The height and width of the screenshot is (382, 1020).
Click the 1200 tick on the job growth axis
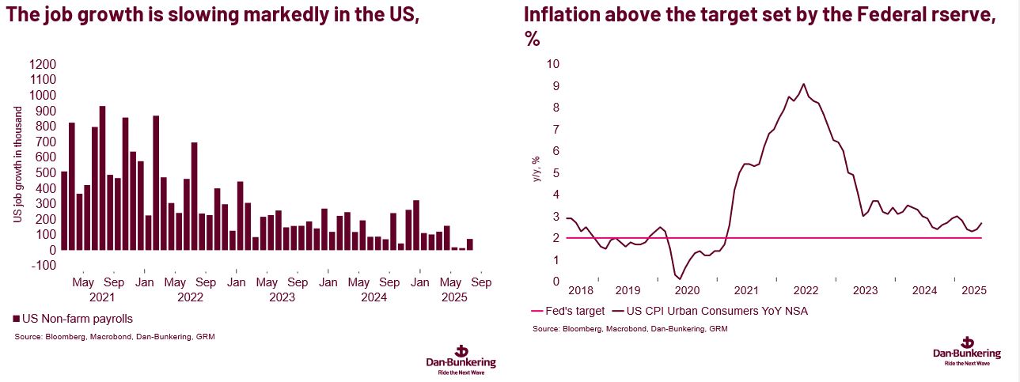(x=42, y=64)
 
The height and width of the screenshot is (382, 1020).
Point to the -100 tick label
(x=42, y=266)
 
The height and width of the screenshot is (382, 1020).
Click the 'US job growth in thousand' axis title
(x=17, y=165)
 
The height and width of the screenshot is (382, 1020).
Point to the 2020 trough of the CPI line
(x=680, y=278)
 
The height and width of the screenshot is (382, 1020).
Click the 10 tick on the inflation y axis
(x=552, y=64)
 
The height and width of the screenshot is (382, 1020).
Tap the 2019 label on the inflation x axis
(x=627, y=290)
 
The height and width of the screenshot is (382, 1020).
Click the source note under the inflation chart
(x=630, y=328)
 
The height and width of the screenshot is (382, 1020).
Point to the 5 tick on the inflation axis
(x=556, y=172)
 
